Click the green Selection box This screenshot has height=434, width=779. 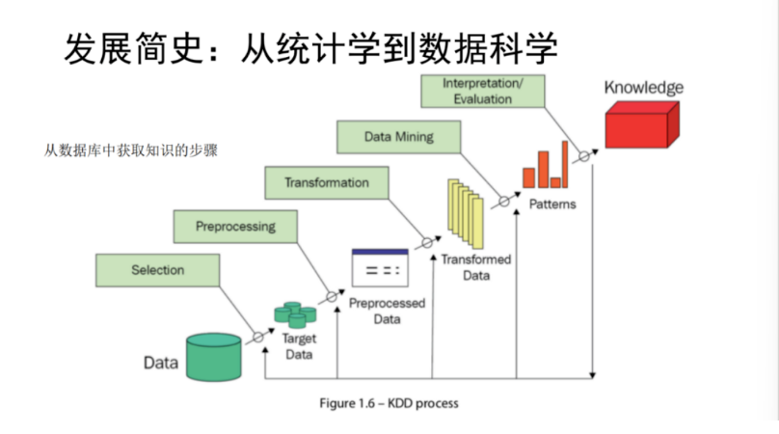[157, 271]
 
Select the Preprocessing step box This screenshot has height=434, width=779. [235, 227]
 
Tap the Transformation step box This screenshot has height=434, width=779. [326, 182]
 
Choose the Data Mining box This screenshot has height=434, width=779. [398, 137]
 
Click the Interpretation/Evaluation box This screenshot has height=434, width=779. [483, 92]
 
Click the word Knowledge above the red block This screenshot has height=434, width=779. [643, 88]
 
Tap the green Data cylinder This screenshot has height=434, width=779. [214, 357]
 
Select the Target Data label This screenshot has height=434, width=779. [298, 346]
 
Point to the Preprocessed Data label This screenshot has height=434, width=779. [387, 311]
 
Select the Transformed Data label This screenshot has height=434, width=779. [476, 267]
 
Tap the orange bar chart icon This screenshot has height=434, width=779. [545, 167]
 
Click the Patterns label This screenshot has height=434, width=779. [552, 204]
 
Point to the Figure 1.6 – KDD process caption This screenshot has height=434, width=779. [389, 403]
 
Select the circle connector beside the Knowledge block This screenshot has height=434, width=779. [584, 156]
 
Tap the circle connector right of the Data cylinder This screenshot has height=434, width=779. [257, 338]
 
